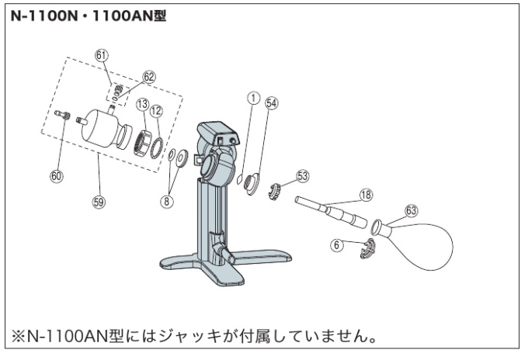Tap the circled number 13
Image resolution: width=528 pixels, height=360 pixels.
(141, 104)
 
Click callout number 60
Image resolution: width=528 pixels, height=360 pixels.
(56, 176)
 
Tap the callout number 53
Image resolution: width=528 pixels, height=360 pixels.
(302, 176)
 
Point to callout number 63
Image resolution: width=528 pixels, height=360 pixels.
(412, 209)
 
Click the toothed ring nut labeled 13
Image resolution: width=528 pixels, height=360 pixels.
(143, 143)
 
